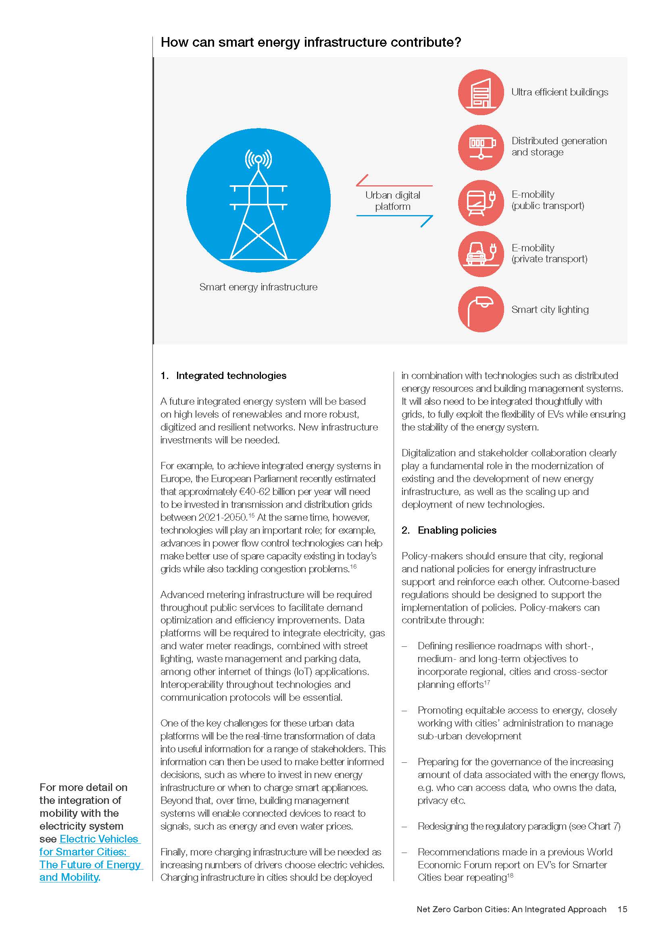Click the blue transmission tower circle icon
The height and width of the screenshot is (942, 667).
point(258,200)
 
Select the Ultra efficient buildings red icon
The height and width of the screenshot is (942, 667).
point(481,92)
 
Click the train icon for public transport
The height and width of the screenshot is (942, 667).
point(481,202)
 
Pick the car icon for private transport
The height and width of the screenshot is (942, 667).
point(481,254)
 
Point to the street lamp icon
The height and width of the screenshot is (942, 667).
point(481,309)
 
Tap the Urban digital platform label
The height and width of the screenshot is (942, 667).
point(393,201)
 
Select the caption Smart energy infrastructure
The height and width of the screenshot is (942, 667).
point(258,287)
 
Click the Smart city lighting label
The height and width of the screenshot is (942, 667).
point(550,309)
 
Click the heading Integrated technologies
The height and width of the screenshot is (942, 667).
point(231,375)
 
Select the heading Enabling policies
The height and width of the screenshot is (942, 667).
point(457,530)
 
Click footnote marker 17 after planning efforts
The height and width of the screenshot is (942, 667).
point(487,682)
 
